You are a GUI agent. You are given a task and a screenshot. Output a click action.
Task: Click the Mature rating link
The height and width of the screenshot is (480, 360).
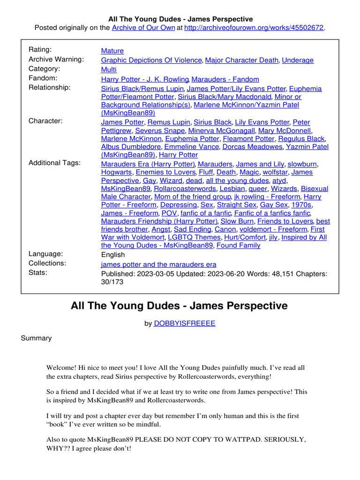[x=112, y=51]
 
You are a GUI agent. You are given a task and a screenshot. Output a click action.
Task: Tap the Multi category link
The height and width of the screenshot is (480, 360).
[x=109, y=69]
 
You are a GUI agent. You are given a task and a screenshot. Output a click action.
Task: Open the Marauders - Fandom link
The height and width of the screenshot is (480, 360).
[x=225, y=79]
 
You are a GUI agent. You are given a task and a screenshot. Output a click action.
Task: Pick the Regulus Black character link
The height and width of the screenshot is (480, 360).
[x=301, y=139]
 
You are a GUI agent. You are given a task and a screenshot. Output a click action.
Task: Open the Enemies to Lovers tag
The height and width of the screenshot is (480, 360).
[x=156, y=172]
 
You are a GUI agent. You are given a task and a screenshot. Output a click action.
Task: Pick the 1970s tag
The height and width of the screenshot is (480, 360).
[x=301, y=205]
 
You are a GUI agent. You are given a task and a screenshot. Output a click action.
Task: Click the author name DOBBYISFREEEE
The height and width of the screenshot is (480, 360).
[x=184, y=323]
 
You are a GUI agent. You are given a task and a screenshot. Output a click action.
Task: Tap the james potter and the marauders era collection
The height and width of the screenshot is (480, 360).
[x=158, y=264]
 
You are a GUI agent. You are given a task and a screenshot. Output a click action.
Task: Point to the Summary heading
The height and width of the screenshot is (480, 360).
[x=36, y=338]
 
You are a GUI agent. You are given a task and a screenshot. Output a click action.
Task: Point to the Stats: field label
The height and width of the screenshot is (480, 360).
[x=38, y=272]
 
